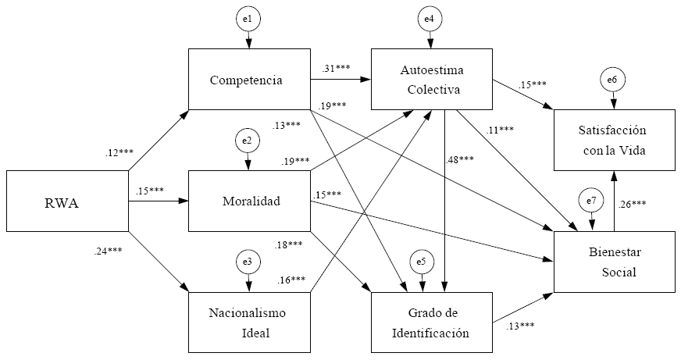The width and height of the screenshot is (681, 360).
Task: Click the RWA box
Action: click(x=66, y=201)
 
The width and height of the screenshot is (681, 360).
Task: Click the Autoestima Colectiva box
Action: click(x=431, y=80)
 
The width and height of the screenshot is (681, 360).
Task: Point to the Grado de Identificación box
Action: click(x=431, y=323)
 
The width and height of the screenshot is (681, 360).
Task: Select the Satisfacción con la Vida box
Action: click(x=614, y=141)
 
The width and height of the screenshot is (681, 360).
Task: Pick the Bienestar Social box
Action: click(x=614, y=262)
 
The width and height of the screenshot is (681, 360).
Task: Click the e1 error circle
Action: click(x=248, y=17)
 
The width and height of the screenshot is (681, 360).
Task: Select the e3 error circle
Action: click(x=248, y=262)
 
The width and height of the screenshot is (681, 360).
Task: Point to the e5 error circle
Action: click(x=422, y=262)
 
